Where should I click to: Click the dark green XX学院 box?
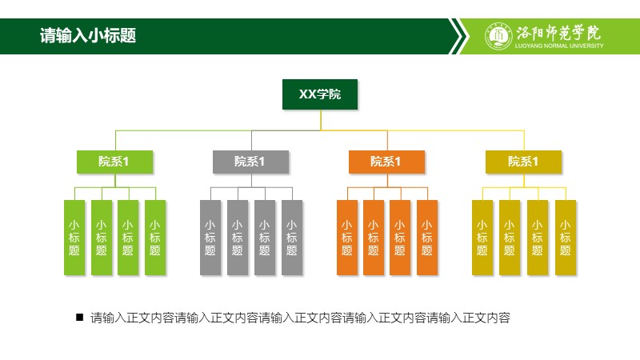tap(320, 94)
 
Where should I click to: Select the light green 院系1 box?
tap(114, 162)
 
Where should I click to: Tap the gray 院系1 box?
tap(250, 162)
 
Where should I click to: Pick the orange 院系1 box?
tap(386, 162)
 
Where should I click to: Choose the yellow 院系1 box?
tap(523, 162)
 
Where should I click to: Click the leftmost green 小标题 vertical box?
tap(74, 238)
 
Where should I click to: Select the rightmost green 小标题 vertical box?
tap(155, 238)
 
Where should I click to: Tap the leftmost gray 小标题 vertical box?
tap(210, 238)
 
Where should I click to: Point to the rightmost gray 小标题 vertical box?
tap(292, 238)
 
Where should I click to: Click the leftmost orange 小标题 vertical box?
tap(347, 238)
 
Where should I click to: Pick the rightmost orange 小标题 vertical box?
tap(427, 238)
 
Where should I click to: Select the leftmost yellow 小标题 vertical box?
tap(482, 238)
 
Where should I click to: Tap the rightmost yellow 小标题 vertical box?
tap(566, 238)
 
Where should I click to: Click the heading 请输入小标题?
tap(88, 35)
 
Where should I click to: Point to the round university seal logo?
tap(498, 36)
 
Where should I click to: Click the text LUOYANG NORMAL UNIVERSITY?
tap(558, 46)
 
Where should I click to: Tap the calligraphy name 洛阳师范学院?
tap(558, 33)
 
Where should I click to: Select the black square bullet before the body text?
tap(79, 317)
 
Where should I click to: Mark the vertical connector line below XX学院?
tap(321, 120)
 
